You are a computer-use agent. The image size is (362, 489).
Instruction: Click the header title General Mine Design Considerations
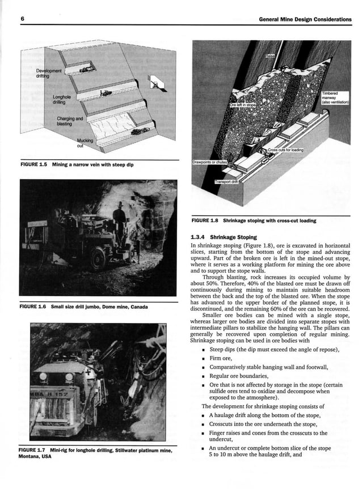pyautogui.click(x=305, y=19)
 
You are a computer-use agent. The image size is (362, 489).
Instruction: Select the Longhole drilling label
pyautogui.click(x=62, y=100)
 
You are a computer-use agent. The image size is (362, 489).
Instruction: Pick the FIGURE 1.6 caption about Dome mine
pyautogui.click(x=83, y=307)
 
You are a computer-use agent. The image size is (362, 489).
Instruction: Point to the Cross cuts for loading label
pyautogui.click(x=285, y=150)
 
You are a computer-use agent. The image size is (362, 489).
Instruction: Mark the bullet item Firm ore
pyautogui.click(x=221, y=358)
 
